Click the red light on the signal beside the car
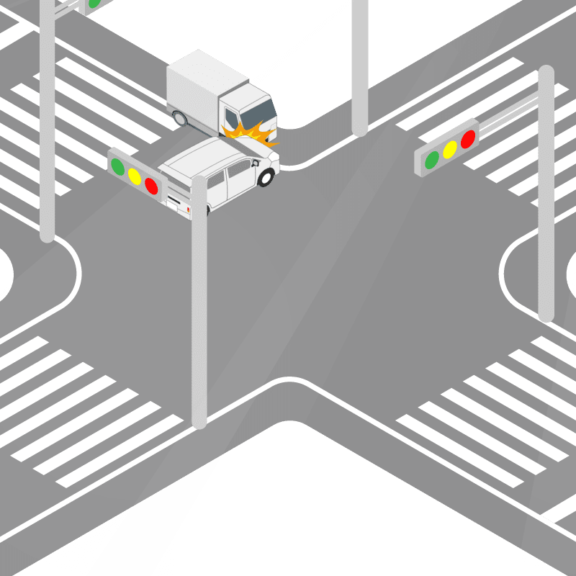(151, 185)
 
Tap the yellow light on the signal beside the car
(134, 175)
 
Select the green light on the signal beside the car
(117, 165)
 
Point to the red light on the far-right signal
(468, 138)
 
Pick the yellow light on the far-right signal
(450, 149)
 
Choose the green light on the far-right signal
(432, 160)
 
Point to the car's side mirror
(253, 163)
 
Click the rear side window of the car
(217, 184)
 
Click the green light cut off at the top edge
(94, 4)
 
